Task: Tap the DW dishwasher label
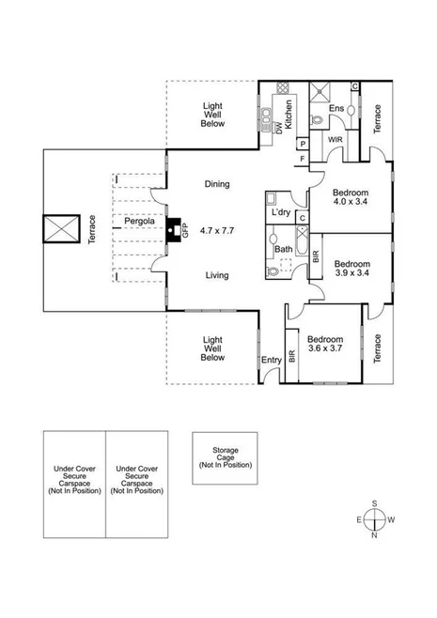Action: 279,131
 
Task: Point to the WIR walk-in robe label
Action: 335,140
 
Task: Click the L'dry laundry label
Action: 280,213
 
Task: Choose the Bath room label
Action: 282,249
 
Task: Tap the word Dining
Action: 217,184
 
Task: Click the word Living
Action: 217,275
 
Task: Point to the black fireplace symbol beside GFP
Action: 173,229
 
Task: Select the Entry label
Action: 272,360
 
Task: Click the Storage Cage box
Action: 226,456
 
